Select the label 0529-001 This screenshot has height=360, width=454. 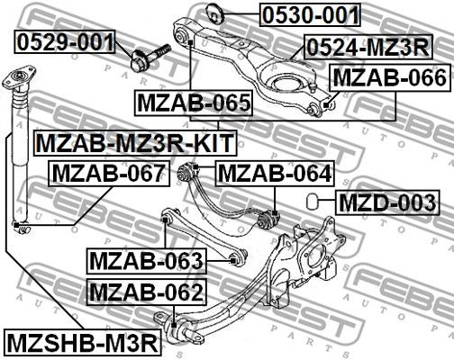click(65, 40)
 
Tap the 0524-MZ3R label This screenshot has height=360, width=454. click(366, 47)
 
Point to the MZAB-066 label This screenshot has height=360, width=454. click(389, 78)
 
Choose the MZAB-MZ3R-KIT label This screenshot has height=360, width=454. click(134, 142)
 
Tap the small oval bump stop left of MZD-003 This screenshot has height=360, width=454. click(311, 200)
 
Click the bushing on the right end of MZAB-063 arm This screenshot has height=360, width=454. click(238, 259)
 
